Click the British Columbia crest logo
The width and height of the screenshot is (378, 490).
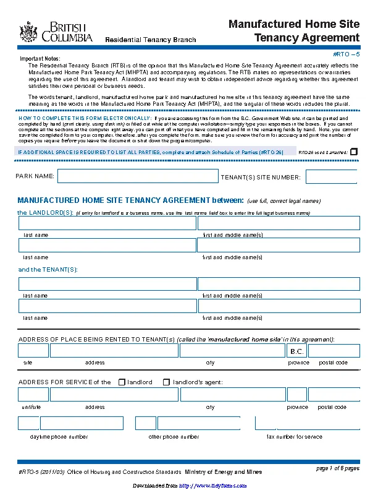coord(28,32)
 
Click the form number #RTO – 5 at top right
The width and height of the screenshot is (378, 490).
coord(346,55)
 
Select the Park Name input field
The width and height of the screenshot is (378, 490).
coord(138,176)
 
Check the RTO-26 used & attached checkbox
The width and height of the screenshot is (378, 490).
coord(354,151)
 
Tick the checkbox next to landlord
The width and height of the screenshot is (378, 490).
coord(122,382)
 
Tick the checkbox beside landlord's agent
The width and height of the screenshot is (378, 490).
coord(166,382)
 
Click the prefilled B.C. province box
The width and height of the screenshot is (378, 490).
coord(296,351)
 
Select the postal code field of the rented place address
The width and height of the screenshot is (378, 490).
coord(334,351)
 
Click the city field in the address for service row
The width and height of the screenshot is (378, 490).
coord(232,395)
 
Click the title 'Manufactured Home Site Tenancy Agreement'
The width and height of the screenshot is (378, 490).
coord(294,31)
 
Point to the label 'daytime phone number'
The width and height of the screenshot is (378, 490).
coord(59,437)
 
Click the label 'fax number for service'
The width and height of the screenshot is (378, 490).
coord(294,437)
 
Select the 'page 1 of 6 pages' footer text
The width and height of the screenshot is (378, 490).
coord(337,468)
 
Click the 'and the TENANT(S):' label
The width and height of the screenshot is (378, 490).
coord(48,270)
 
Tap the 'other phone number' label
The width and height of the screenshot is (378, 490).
coord(174,437)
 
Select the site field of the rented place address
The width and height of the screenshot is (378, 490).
coord(33,351)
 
